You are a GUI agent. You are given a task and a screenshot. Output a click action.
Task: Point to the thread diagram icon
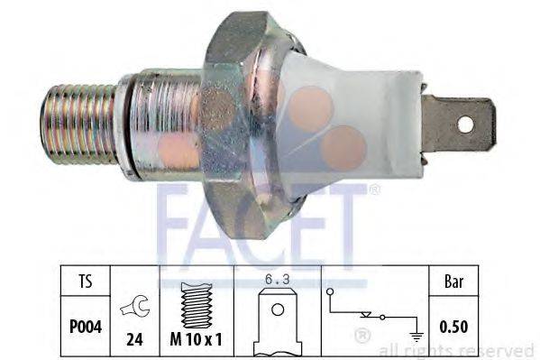[196, 293]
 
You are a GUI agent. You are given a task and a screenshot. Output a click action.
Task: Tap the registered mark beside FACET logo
[374, 189]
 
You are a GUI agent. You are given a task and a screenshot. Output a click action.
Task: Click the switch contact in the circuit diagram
[369, 313]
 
